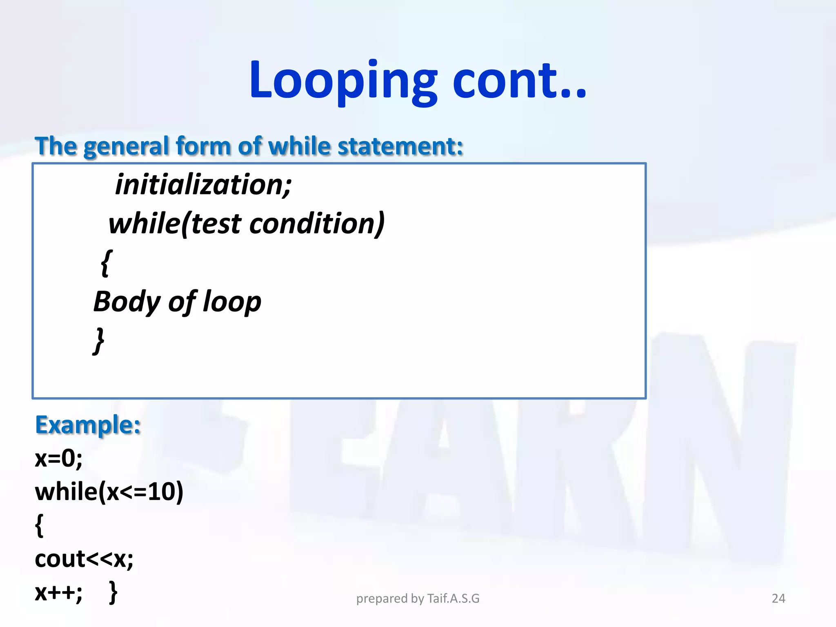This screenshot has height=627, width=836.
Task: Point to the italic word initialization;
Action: pyautogui.click(x=203, y=185)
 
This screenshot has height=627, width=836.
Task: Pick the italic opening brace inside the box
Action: pyautogui.click(x=106, y=263)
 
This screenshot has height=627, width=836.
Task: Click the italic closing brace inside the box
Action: pyautogui.click(x=98, y=340)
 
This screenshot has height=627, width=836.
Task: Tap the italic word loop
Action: pyautogui.click(x=232, y=302)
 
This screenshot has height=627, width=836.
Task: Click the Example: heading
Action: pyautogui.click(x=88, y=425)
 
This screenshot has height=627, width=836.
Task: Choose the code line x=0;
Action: pyautogui.click(x=59, y=458)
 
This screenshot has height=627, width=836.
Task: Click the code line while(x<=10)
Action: pyautogui.click(x=109, y=491)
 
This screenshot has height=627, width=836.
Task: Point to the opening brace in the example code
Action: pyautogui.click(x=39, y=525)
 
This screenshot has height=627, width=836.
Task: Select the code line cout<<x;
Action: pyautogui.click(x=84, y=559)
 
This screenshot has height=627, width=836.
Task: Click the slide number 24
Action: pyautogui.click(x=778, y=598)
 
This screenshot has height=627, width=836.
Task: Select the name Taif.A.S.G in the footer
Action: pyautogui.click(x=453, y=598)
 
